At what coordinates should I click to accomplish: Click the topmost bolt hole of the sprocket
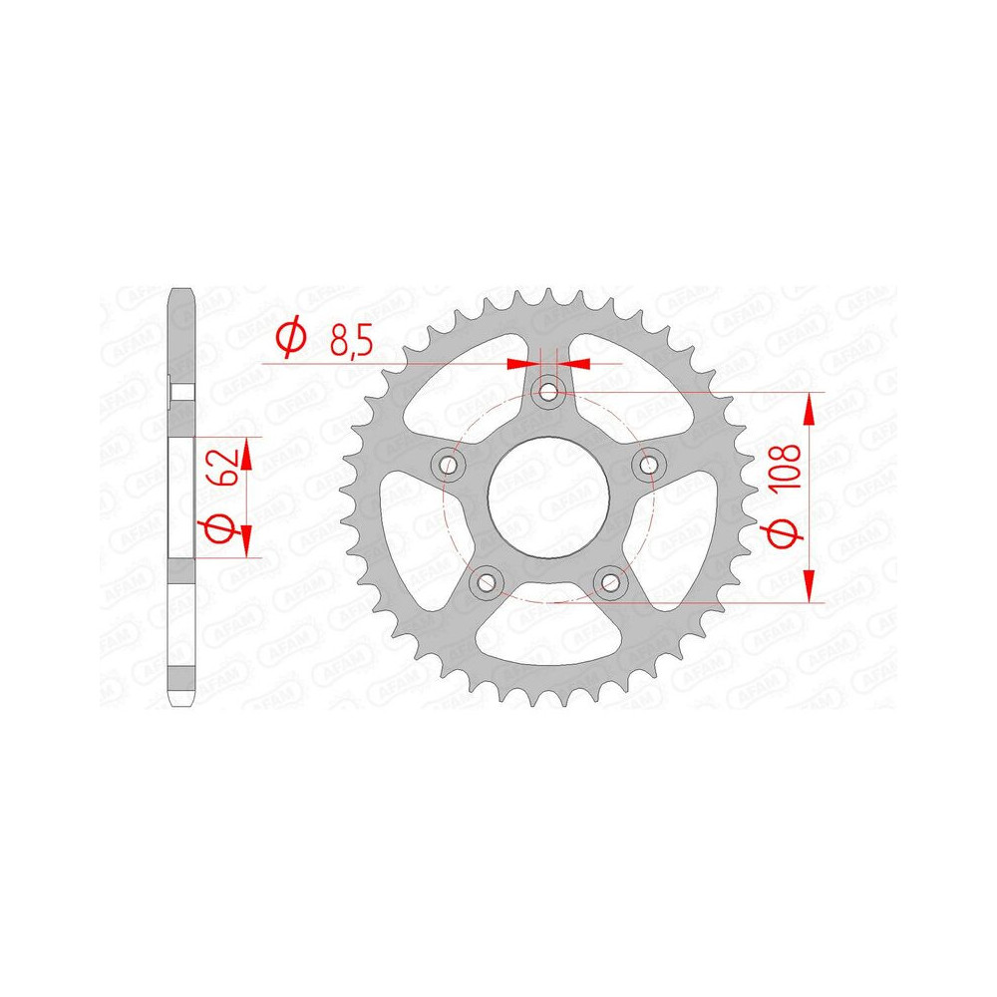point(548,391)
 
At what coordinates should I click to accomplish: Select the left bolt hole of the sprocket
point(448,465)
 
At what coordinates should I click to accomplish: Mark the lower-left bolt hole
point(487,581)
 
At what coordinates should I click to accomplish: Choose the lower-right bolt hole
point(610,581)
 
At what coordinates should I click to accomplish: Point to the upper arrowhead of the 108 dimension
point(811,405)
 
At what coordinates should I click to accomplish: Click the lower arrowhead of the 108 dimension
point(811,589)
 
